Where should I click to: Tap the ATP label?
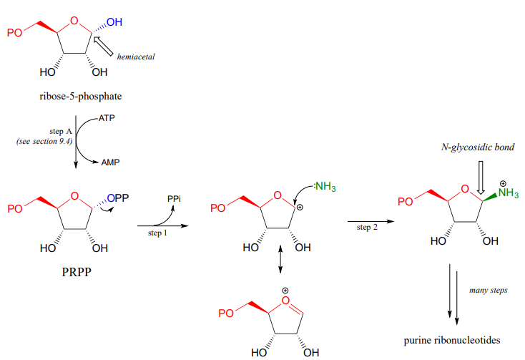(107, 117)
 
